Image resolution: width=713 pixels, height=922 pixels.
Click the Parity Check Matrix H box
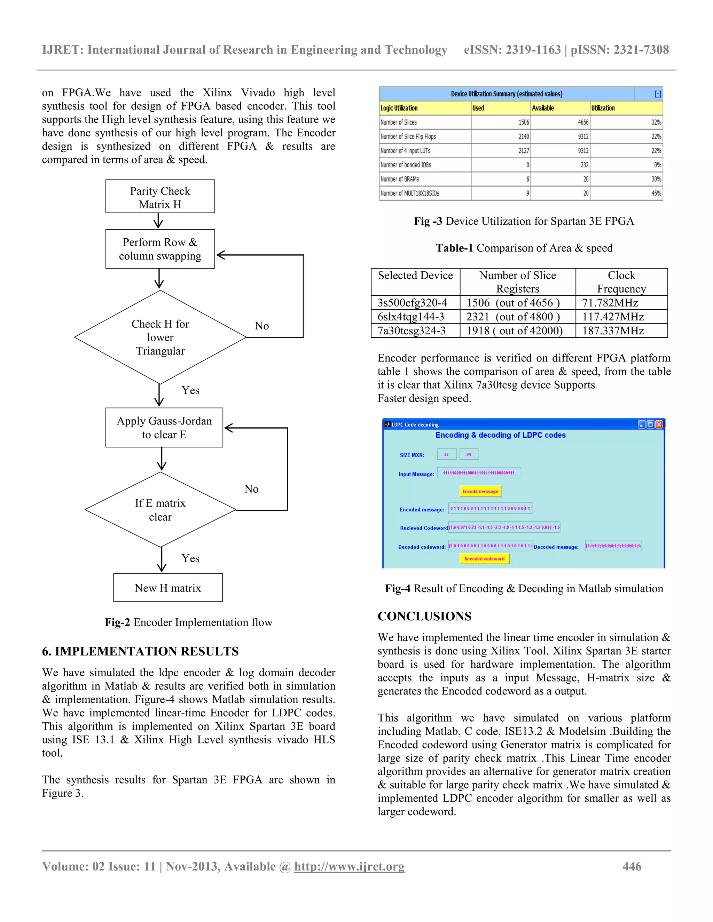pyautogui.click(x=160, y=197)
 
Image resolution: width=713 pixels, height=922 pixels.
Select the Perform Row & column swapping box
pyautogui.click(x=160, y=249)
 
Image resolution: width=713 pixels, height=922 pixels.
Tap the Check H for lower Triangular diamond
pyautogui.click(x=160, y=337)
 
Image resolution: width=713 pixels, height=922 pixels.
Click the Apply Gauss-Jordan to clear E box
pyautogui.click(x=164, y=427)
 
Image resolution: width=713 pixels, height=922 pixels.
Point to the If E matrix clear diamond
pyautogui.click(x=160, y=510)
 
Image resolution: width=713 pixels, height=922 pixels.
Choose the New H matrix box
pyautogui.click(x=168, y=588)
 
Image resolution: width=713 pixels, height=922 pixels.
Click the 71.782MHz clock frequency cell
pyautogui.click(x=610, y=303)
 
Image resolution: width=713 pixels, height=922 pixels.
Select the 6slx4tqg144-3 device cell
pyautogui.click(x=411, y=317)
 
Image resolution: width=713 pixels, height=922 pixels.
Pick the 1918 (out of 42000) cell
pyautogui.click(x=515, y=331)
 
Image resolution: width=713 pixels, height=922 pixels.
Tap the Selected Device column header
pyautogui.click(x=415, y=276)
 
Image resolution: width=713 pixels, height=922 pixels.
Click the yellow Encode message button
pyautogui.click(x=480, y=491)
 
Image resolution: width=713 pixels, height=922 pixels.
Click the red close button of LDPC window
pyautogui.click(x=659, y=424)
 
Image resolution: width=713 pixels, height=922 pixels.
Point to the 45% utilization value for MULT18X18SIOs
pyautogui.click(x=656, y=193)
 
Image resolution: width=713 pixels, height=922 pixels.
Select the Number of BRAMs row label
pyautogui.click(x=400, y=179)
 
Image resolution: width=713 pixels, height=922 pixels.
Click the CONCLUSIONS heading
pyautogui.click(x=424, y=617)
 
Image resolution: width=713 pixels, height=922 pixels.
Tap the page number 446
pyautogui.click(x=632, y=867)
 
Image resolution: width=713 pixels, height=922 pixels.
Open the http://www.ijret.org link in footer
pyautogui.click(x=349, y=867)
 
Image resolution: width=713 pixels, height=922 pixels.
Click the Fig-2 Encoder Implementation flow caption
pyautogui.click(x=188, y=622)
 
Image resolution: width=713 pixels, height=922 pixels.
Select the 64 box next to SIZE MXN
pyautogui.click(x=469, y=454)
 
